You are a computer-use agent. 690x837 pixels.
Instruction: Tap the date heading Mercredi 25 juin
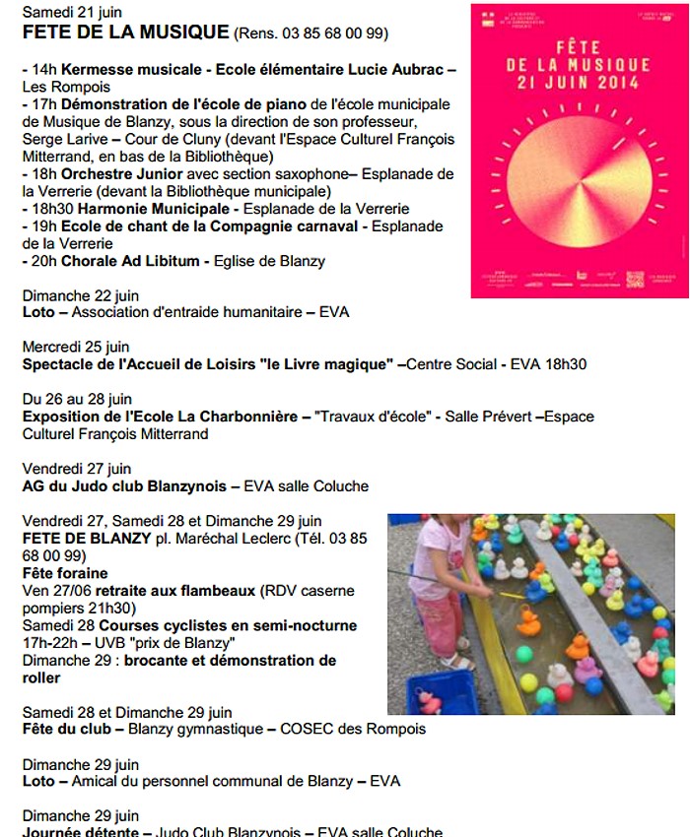tap(75, 347)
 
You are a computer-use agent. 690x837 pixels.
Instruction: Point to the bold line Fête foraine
tap(65, 573)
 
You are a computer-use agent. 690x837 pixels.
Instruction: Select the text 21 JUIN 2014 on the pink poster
tap(579, 84)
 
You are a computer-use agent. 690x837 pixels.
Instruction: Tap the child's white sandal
tap(455, 662)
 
